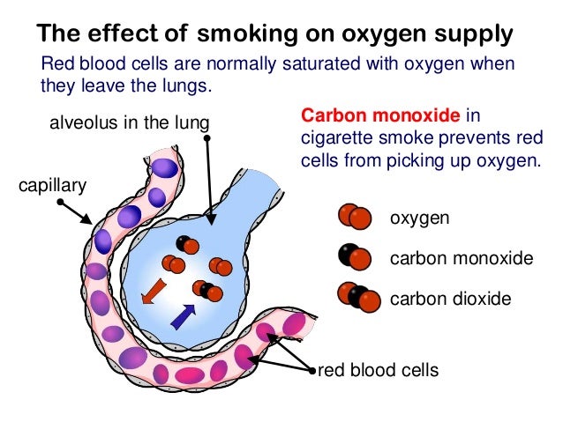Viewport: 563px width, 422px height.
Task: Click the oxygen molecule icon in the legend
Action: tap(353, 217)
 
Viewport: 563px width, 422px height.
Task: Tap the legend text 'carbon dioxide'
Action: tap(450, 299)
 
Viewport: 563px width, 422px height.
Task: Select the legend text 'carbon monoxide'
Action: tap(462, 258)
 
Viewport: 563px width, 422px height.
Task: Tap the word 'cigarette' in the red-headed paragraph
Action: tap(333, 139)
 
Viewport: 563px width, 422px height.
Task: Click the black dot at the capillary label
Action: tap(59, 202)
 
